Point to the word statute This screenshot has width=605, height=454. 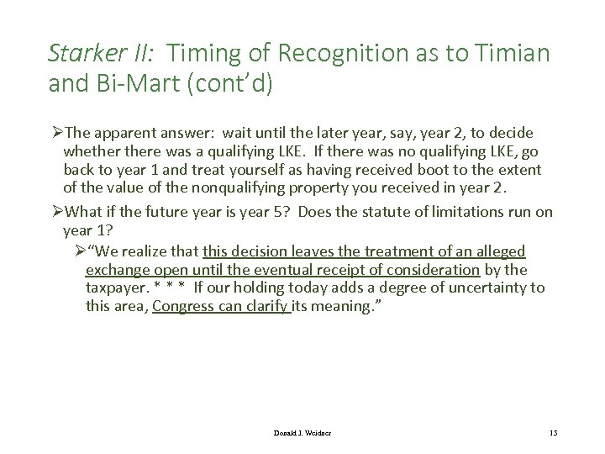380,212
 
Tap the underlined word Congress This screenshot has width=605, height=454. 186,306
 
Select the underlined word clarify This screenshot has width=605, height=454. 266,306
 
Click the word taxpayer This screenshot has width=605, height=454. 116,288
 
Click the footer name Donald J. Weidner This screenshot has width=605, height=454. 302,432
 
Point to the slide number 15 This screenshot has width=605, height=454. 552,432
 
